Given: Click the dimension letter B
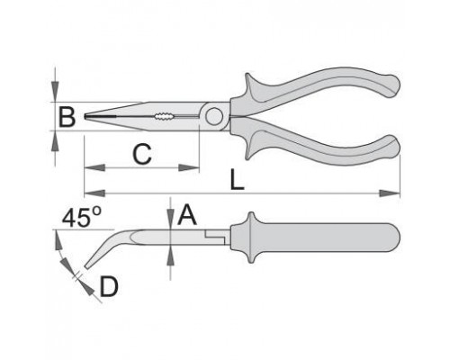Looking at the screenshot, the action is (x=67, y=116).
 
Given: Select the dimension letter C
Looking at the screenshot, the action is (x=142, y=154).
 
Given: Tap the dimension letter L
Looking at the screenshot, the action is (x=237, y=179).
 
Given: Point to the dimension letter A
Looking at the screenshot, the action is (x=187, y=215).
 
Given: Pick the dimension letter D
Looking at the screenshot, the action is (x=109, y=287).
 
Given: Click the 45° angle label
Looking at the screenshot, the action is (x=82, y=217).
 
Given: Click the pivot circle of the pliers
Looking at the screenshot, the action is (x=214, y=116).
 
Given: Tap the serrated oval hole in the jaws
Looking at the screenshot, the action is (x=164, y=116).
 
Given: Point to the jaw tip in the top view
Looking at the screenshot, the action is (x=85, y=116).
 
